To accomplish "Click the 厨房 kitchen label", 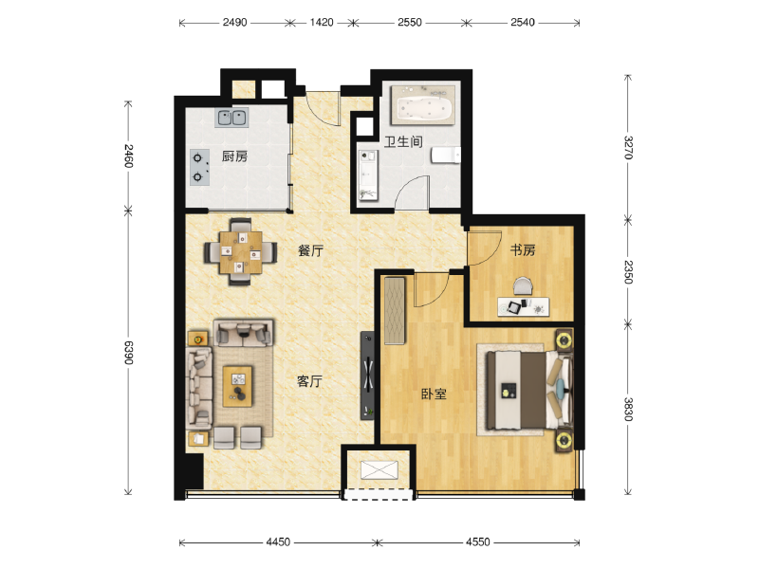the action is click(x=234, y=156).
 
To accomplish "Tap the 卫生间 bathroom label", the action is click(x=403, y=141).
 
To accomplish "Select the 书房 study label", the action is click(x=523, y=249).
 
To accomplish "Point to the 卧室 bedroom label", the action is click(x=434, y=394).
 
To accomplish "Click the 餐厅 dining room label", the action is click(x=310, y=250).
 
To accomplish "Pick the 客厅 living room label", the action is click(x=309, y=381).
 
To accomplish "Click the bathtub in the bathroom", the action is click(x=423, y=105).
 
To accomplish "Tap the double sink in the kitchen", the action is click(x=231, y=117).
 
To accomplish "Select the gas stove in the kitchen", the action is click(x=199, y=167).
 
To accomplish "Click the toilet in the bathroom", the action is click(x=446, y=155).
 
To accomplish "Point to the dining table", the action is click(x=241, y=252).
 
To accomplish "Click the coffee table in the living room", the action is click(x=238, y=386).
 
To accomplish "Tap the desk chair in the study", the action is click(x=523, y=286).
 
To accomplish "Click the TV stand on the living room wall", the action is click(x=367, y=376).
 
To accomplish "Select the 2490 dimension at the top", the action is click(x=234, y=22).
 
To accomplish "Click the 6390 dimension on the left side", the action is click(x=128, y=352).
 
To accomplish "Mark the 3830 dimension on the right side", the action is click(x=628, y=410).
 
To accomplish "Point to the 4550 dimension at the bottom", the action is click(x=478, y=541).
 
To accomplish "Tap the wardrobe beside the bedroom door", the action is click(x=395, y=311).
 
